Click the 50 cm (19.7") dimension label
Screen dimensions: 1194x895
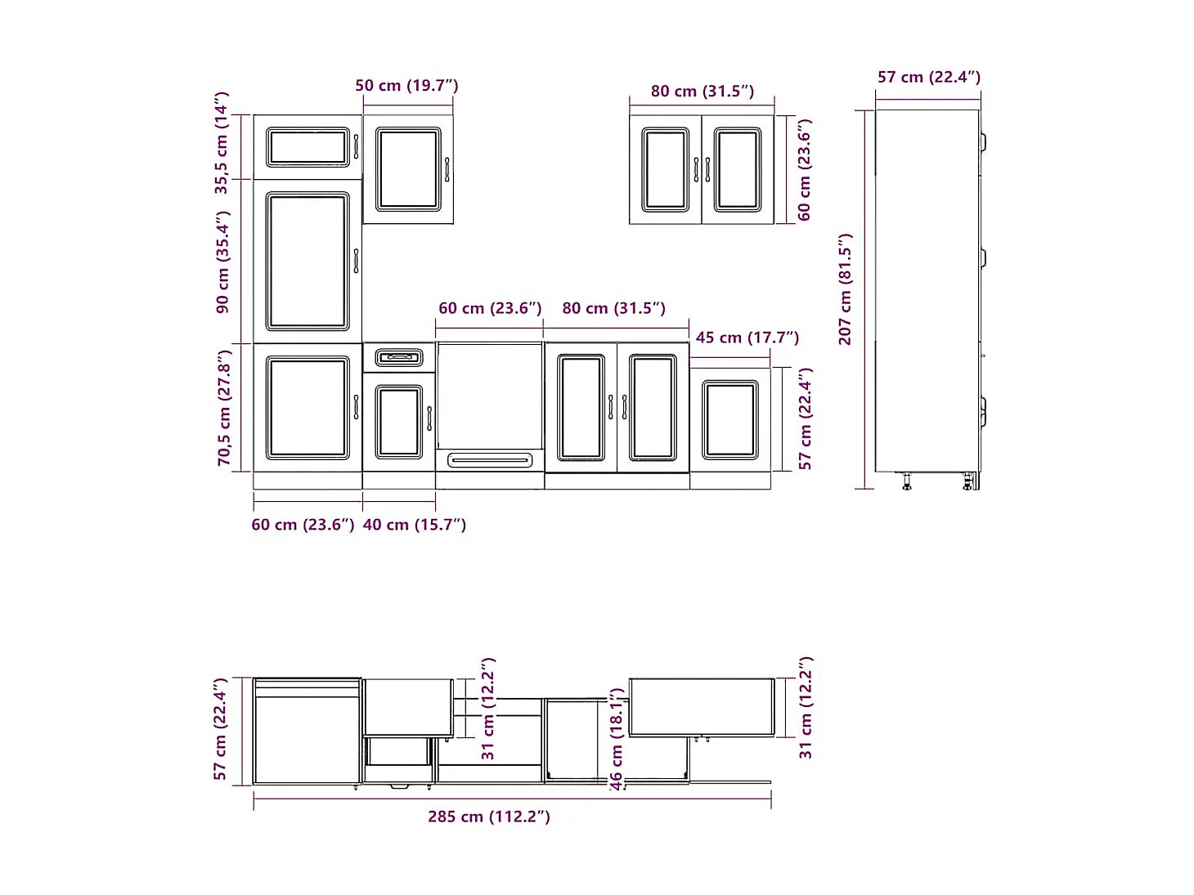(x=406, y=85)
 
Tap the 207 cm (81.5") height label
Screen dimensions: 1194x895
(x=845, y=289)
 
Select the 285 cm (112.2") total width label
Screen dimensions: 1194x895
(x=488, y=817)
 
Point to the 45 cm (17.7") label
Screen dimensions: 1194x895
(x=747, y=338)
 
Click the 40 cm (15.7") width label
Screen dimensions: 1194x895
(x=414, y=525)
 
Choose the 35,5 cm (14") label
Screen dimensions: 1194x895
(x=222, y=142)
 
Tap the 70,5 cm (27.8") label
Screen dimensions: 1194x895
(x=224, y=408)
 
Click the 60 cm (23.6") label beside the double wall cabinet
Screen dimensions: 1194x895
(x=804, y=169)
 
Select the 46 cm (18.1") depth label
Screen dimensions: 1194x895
(x=617, y=739)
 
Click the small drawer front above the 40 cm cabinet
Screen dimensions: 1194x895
(x=399, y=357)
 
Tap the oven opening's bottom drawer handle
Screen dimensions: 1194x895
(x=490, y=459)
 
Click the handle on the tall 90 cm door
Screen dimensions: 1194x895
(x=357, y=261)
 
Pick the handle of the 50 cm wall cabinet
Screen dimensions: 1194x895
(x=447, y=169)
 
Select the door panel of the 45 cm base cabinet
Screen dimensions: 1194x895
(x=730, y=419)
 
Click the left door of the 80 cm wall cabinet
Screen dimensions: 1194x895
(x=665, y=169)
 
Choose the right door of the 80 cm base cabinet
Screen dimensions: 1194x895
(x=653, y=408)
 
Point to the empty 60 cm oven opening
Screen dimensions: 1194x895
(x=490, y=396)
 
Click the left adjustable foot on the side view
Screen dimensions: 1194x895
(x=907, y=481)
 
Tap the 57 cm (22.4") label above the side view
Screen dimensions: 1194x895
(x=928, y=77)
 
